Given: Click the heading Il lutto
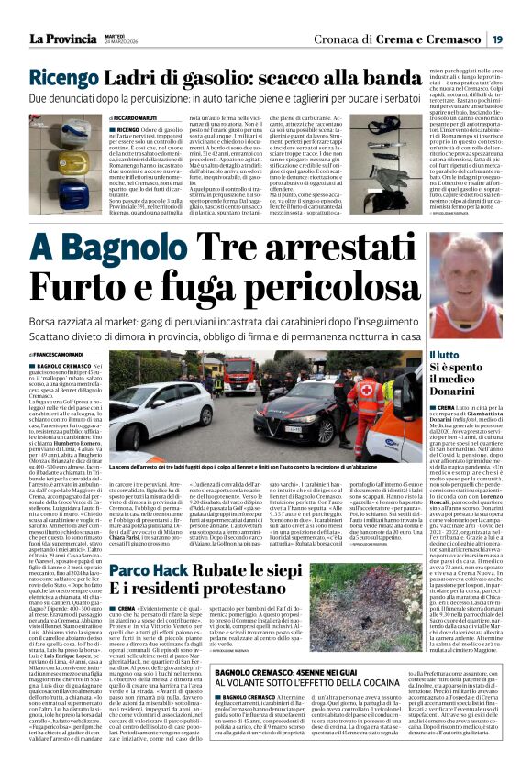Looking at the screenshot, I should pyautogui.click(x=445, y=354).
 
